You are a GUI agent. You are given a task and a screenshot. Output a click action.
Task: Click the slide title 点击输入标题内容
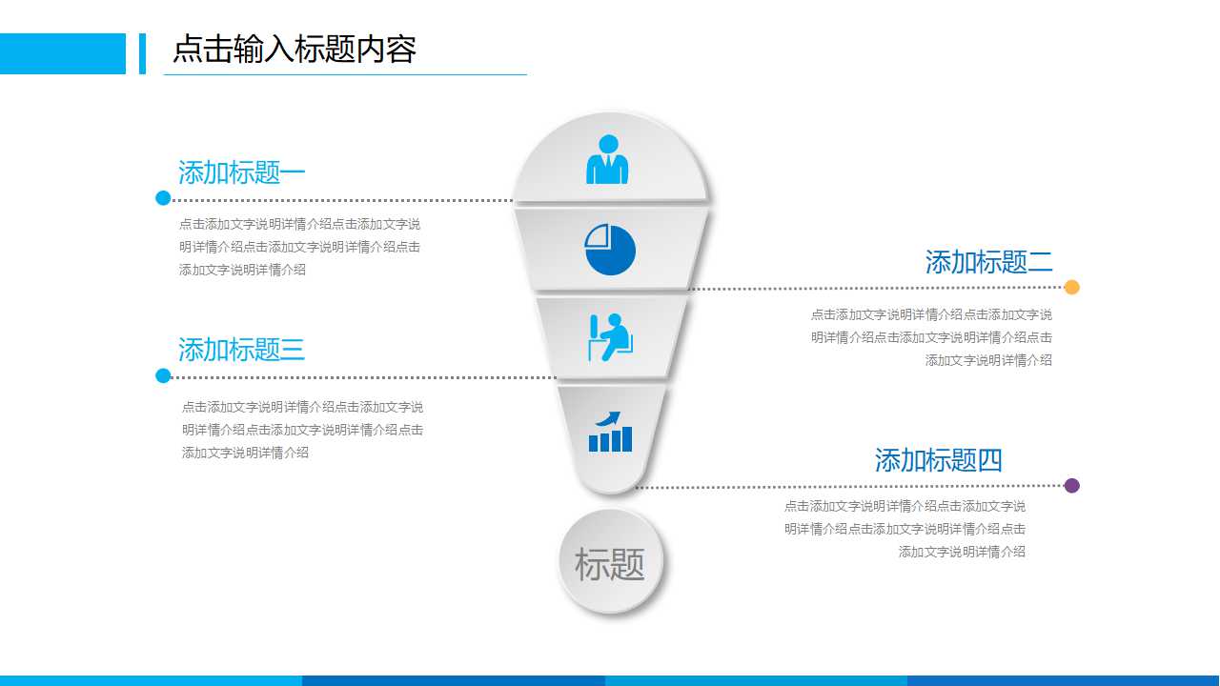click(294, 50)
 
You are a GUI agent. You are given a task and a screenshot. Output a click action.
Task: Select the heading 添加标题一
click(241, 172)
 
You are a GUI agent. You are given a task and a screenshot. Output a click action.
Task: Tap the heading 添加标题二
click(988, 262)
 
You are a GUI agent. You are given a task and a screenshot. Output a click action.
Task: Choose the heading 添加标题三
click(241, 350)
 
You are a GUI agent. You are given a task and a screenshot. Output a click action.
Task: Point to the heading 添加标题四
click(938, 460)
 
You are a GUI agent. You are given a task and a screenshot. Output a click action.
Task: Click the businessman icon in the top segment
click(607, 160)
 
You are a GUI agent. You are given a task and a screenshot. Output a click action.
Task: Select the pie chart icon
click(610, 250)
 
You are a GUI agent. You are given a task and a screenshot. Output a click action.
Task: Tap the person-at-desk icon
click(610, 337)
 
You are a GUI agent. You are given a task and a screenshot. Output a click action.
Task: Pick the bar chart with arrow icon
click(610, 432)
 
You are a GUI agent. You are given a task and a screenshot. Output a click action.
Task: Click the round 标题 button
click(610, 563)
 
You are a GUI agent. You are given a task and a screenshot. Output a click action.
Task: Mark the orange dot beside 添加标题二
click(1071, 287)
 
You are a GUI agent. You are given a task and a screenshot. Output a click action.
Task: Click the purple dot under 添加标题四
click(1071, 485)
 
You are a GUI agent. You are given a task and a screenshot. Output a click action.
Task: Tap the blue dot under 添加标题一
click(163, 198)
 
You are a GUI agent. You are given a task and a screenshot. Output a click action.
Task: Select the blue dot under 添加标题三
click(163, 375)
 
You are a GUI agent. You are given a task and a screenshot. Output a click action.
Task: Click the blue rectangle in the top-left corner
click(63, 53)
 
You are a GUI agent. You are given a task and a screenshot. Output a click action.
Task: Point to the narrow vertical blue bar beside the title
click(143, 53)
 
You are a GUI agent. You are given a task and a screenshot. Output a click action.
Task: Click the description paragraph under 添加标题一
click(299, 247)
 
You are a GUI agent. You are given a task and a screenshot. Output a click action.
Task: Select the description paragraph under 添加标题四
click(905, 529)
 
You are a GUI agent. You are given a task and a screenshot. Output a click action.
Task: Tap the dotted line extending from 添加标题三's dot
click(362, 377)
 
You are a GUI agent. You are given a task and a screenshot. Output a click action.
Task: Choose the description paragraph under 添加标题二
click(931, 337)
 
